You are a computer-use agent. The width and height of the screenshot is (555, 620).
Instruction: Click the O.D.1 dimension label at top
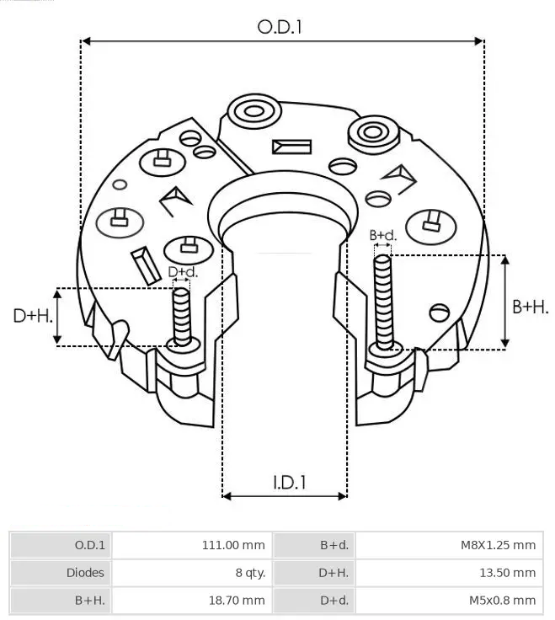[x=280, y=27]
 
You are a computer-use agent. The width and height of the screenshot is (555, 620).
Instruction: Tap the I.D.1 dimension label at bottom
[x=290, y=483]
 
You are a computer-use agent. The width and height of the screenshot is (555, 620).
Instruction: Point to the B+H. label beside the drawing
[x=530, y=307]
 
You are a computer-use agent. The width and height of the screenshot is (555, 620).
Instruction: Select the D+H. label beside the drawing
[x=33, y=316]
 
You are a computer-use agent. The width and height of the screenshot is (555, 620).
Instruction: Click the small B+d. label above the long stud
[x=382, y=235]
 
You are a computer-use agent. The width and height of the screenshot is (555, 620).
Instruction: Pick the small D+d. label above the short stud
[x=183, y=271]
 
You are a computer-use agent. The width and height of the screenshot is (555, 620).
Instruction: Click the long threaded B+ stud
[x=382, y=302]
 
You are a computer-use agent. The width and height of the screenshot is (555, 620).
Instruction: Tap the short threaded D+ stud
[x=182, y=317]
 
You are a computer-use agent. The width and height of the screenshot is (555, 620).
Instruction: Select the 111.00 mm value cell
[x=233, y=545]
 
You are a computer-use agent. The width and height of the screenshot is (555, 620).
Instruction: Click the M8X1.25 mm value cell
[x=498, y=545]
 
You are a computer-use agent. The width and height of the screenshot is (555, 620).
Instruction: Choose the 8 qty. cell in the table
[x=250, y=573]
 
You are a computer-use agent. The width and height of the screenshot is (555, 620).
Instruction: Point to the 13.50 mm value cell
[x=508, y=573]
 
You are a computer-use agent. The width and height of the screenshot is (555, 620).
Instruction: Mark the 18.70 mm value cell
[x=237, y=601]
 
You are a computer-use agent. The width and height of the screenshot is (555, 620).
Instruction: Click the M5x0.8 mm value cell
[x=503, y=601]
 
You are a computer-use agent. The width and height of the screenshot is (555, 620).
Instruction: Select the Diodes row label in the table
[x=85, y=573]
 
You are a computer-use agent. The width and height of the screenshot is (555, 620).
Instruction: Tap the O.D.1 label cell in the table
[x=90, y=545]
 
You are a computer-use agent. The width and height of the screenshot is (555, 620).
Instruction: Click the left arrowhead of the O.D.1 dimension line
[x=85, y=41]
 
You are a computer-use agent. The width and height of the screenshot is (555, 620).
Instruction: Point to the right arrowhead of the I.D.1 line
[x=343, y=496]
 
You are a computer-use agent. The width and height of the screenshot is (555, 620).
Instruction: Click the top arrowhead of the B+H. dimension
[x=504, y=259]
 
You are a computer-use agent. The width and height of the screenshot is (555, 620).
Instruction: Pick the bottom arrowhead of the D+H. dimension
[x=57, y=339]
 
